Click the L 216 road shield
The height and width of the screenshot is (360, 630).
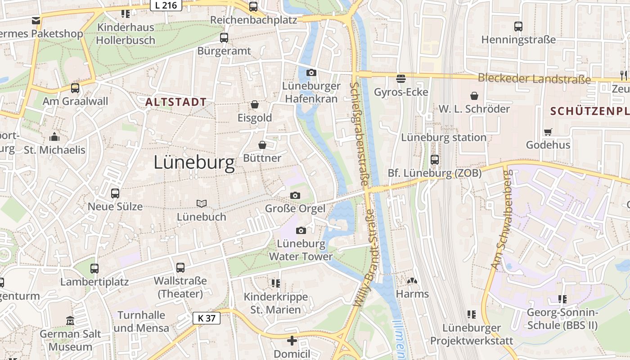pyautogui.click(x=166, y=5)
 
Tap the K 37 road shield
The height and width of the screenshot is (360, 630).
pyautogui.click(x=207, y=318)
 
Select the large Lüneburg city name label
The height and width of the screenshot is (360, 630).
pyautogui.click(x=194, y=162)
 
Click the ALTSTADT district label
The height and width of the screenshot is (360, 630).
pyautogui.click(x=175, y=102)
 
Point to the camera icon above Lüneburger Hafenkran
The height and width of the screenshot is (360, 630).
pyautogui.click(x=311, y=72)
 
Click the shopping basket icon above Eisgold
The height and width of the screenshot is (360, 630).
pyautogui.click(x=255, y=104)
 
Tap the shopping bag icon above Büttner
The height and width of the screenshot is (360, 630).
pyautogui.click(x=262, y=145)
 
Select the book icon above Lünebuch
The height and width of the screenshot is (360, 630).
pyautogui.click(x=201, y=203)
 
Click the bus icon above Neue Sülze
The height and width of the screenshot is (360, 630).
pyautogui.click(x=115, y=193)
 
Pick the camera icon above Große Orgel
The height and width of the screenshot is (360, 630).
pyautogui.click(x=295, y=195)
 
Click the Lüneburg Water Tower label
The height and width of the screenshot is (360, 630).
pyautogui.click(x=301, y=250)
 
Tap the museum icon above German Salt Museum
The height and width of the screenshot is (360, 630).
pyautogui.click(x=70, y=321)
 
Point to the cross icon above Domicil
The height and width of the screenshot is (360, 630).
pyautogui.click(x=292, y=341)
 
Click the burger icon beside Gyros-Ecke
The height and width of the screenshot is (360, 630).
pyautogui.click(x=401, y=79)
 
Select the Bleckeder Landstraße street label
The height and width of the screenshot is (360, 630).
pyautogui.click(x=534, y=79)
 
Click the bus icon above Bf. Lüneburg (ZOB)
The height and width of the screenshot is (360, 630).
pyautogui.click(x=435, y=159)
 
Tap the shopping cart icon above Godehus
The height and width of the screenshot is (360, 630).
pyautogui.click(x=548, y=132)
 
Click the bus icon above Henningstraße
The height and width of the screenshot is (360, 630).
pyautogui.click(x=518, y=27)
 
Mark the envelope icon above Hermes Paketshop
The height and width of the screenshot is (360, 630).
pyautogui.click(x=36, y=20)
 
